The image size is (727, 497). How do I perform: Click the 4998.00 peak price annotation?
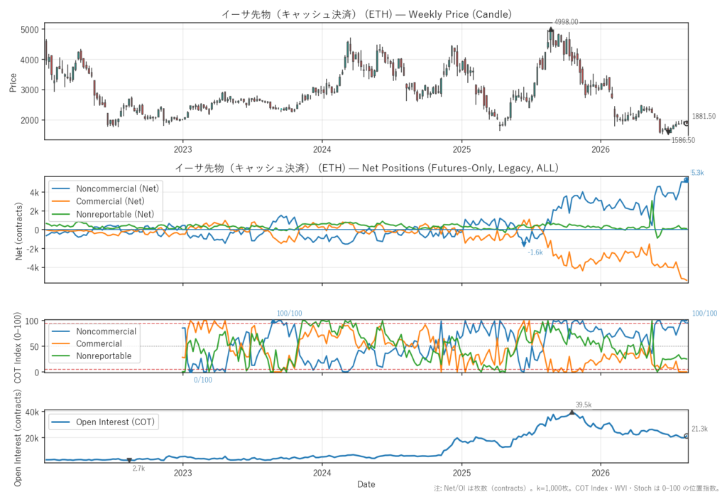566,22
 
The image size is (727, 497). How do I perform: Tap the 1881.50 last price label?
704,116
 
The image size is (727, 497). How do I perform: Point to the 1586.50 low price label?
684,140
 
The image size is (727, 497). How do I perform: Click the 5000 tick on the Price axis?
30,29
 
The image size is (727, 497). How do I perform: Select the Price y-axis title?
13,82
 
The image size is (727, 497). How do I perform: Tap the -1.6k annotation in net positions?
535,252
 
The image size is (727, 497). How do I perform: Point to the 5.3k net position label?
698,173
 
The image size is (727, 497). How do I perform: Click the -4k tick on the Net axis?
33,267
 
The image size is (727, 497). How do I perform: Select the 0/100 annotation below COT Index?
202,380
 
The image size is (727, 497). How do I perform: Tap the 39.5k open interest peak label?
584,405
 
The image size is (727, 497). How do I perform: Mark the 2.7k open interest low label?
138,468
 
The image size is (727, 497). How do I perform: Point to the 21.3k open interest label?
699,429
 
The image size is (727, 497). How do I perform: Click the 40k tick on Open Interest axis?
32,412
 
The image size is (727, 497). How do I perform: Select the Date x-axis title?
366,484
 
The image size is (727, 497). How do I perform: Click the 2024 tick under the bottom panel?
322,473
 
